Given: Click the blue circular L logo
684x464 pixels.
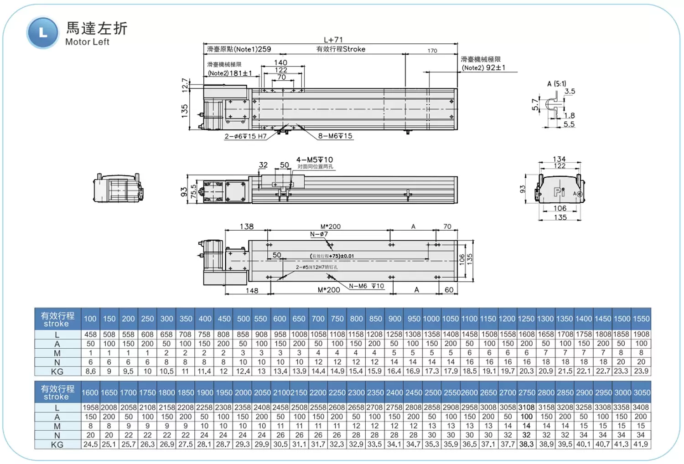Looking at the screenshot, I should coord(42,33).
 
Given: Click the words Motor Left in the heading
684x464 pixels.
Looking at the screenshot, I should coord(87,42).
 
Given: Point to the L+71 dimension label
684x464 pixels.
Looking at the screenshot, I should coord(333,40).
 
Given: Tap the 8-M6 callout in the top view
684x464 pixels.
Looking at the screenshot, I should coord(335,136).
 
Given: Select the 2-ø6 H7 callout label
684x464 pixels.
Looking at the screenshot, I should coord(245,136).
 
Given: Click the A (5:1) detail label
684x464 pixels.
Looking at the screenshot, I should coord(556,83).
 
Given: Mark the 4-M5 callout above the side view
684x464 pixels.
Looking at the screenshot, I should coord(315,160).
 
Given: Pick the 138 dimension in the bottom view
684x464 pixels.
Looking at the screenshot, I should coord(247,226).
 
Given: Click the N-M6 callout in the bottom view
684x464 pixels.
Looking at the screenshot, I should coord(366,286).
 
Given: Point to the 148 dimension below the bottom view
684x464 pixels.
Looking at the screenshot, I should coord(252,290).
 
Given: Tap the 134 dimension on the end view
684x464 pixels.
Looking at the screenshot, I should coord(559,159).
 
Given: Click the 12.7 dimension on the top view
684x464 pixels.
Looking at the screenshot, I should coord(185,85).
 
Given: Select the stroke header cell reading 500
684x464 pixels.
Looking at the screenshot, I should coord(243,319).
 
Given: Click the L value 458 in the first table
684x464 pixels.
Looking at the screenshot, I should coord(90,334).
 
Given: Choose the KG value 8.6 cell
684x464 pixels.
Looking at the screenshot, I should coord(90,371).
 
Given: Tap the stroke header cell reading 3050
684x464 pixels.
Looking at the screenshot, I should coord(641,392).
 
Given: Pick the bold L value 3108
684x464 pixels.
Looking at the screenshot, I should coord(526,407).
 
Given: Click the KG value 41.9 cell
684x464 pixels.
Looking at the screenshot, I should coord(641,444).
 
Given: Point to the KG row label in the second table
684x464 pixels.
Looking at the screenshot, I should coord(57,444).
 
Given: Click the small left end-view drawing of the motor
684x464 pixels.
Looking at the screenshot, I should coord(118,188).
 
